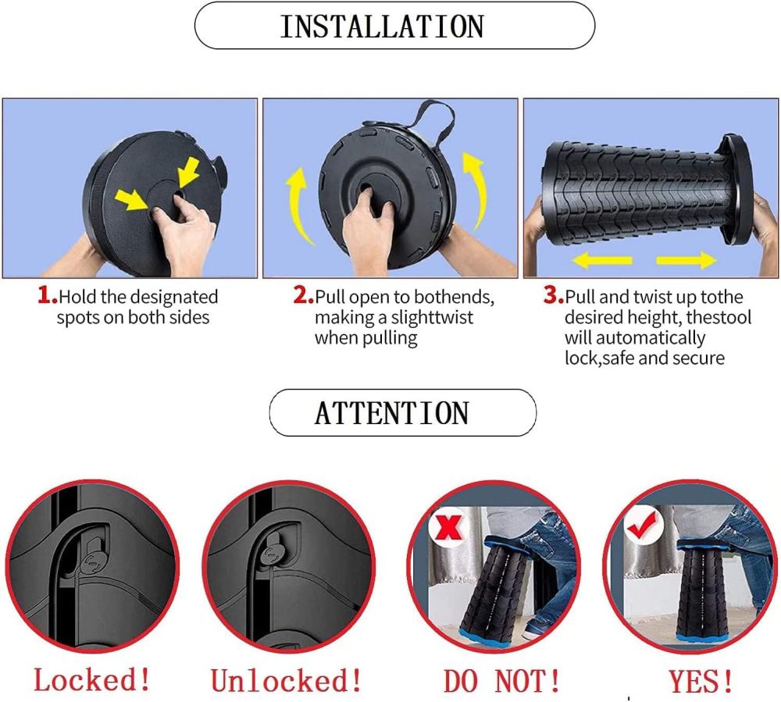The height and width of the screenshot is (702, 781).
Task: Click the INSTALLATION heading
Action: pos(382,27)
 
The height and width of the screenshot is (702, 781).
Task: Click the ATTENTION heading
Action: pos(392,413)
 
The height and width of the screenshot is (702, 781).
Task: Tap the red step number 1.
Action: pos(48,295)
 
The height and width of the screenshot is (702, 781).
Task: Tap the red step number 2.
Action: pos(303,295)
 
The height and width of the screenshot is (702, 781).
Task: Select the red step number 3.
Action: pos(554,295)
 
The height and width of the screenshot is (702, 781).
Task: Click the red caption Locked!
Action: pos(91,679)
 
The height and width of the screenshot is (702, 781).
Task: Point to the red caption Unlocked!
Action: pos(286,680)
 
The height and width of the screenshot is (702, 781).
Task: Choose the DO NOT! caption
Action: pos(501,681)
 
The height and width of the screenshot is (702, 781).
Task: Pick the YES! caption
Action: pos(701,681)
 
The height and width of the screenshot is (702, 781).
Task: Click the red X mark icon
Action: pos(449,527)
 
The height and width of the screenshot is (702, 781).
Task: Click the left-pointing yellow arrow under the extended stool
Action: pos(602,260)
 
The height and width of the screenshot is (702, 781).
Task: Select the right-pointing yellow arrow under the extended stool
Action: pos(686,260)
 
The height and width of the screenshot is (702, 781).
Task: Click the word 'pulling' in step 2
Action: pos(390,339)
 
